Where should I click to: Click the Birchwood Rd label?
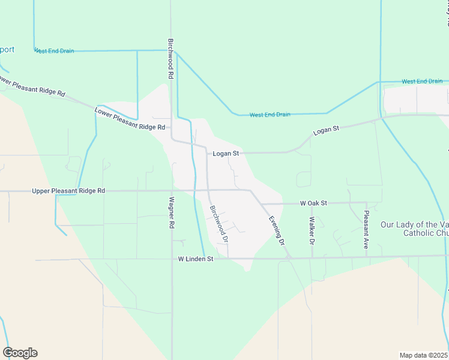[170, 60]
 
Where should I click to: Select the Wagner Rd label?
[172, 212]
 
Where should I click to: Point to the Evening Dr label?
[276, 231]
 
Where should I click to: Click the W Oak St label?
[313, 203]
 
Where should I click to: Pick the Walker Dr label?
[312, 231]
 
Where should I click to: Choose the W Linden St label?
[196, 259]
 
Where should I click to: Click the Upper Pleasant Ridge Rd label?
[68, 191]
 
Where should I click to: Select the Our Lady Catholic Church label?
[414, 229]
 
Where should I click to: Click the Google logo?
[20, 353]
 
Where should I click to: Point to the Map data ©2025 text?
[424, 355]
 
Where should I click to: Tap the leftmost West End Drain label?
[55, 51]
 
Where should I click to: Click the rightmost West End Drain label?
[422, 81]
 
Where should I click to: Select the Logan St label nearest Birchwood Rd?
[226, 154]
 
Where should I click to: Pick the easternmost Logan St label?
[327, 129]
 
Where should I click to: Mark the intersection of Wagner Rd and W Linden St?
[172, 259]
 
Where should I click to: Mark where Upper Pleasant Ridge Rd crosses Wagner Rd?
[172, 191]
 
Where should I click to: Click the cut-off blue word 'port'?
[7, 50]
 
